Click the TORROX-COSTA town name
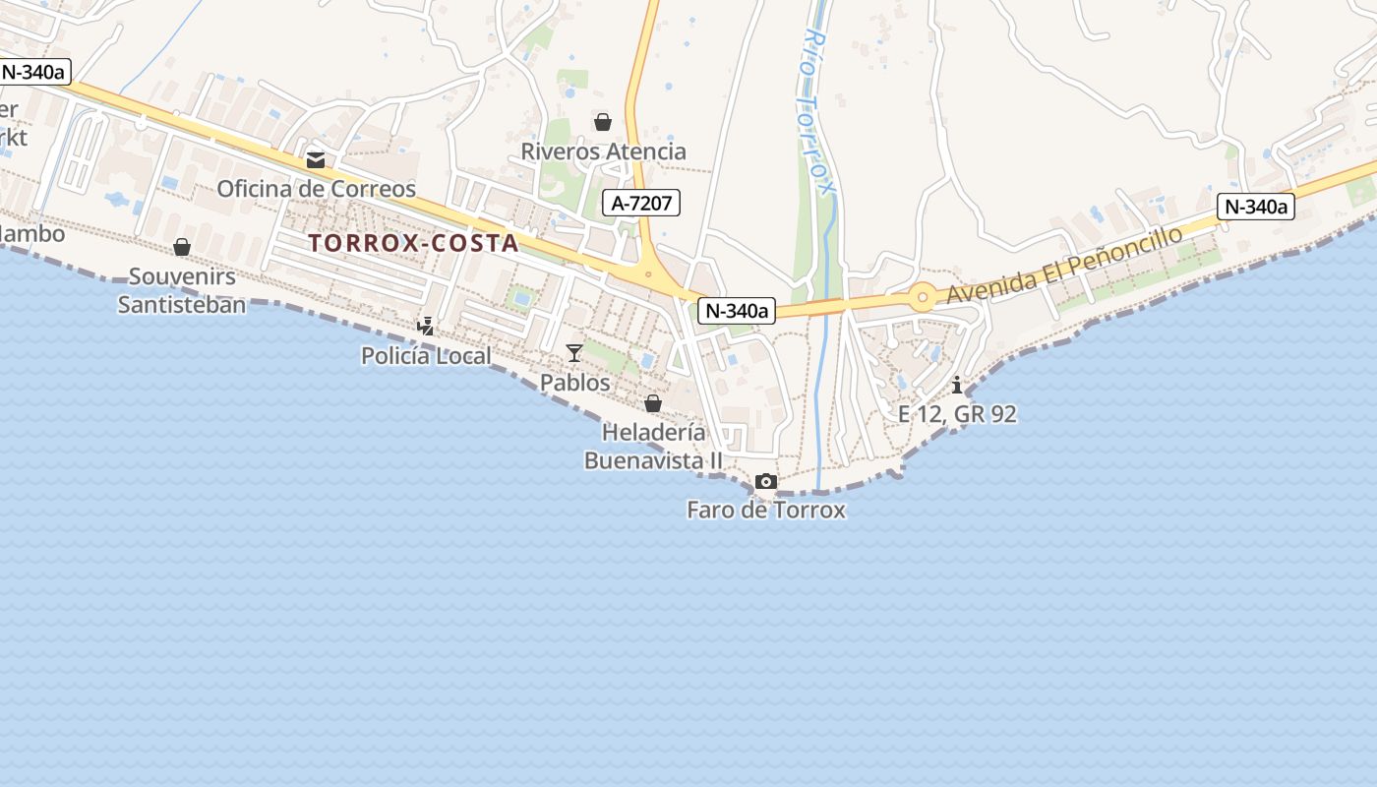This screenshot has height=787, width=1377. (x=413, y=243)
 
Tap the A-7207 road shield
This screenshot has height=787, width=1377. (x=641, y=204)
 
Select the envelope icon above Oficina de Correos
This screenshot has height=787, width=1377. (x=316, y=159)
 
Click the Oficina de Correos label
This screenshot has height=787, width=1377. (x=316, y=188)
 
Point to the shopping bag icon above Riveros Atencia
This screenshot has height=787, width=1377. (x=602, y=122)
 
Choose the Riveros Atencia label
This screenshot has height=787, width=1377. (x=603, y=151)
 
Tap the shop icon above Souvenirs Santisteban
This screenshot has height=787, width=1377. (x=182, y=247)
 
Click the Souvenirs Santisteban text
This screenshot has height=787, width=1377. (x=182, y=290)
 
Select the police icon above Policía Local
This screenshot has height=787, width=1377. (x=426, y=326)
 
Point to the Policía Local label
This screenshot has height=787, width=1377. (x=426, y=355)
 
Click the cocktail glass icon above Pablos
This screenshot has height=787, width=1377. (x=574, y=352)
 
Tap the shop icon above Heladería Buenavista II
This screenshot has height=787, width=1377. (x=652, y=403)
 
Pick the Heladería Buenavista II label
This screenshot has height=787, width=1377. (x=654, y=447)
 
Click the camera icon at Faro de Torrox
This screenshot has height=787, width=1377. (x=765, y=481)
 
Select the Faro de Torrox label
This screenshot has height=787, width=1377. (x=765, y=510)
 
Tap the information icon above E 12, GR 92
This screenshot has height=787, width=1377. (x=957, y=385)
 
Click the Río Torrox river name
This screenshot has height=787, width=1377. (x=819, y=108)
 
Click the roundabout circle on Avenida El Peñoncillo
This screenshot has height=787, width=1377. (x=922, y=296)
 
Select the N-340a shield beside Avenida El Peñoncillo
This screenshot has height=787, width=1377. (x=1254, y=207)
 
